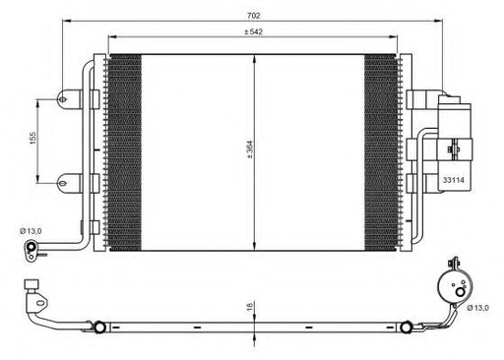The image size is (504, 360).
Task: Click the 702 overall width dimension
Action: pos(254,16)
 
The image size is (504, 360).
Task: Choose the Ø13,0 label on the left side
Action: pos(31,231)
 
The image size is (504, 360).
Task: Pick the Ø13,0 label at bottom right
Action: pos(479,308)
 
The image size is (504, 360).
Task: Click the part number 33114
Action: pos(453,180)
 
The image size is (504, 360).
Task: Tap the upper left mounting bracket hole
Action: pos(66,98)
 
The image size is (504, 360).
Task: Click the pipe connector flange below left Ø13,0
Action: pos(36,255)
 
